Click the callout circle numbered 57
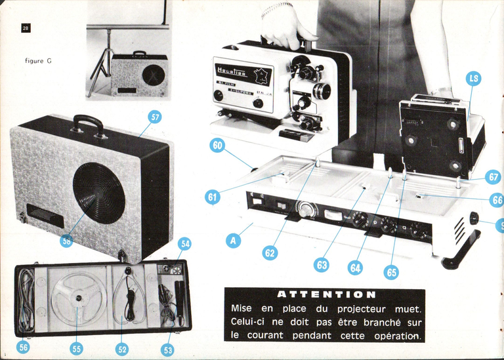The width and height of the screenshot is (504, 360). pos(156,117)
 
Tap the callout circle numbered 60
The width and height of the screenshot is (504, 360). pos(217,146)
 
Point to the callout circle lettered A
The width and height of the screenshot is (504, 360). pos(234,241)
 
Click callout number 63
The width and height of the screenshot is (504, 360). pos(322,265)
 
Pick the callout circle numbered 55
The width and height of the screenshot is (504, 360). pos(76,349)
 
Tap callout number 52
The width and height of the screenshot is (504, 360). pos(123,349)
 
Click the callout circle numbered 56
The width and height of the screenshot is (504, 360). pos(23,348)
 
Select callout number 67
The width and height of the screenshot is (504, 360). pos(493,177)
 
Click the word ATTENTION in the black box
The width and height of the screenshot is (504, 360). pos(326,295)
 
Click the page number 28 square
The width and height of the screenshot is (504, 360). pos(26,28)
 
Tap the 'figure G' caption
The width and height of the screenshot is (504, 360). pos(38,61)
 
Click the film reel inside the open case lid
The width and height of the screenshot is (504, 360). pos(78,299)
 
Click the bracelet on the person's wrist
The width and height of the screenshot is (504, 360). pos(276,9)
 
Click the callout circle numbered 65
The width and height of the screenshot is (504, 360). pos(391,271)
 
